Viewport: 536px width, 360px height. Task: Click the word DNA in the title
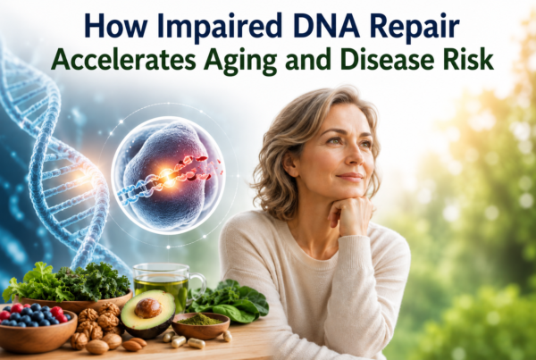[x=326, y=27]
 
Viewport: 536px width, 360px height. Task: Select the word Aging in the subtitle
[x=239, y=61]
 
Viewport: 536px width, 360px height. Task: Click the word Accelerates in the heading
[x=124, y=59]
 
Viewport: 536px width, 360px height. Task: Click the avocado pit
[x=147, y=307]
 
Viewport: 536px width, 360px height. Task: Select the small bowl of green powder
[x=200, y=325]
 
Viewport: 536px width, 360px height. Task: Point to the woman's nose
[x=355, y=156]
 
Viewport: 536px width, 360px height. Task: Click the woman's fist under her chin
[x=350, y=213]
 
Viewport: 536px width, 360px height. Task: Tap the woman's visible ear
[x=291, y=164]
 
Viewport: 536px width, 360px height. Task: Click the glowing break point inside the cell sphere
[x=168, y=174]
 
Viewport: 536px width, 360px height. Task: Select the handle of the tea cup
[x=198, y=287]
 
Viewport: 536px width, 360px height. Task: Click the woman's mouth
[x=350, y=177]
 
